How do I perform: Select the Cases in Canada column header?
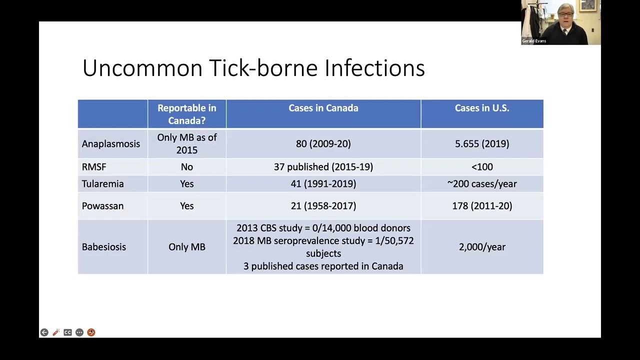[323, 108]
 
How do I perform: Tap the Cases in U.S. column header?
[481, 108]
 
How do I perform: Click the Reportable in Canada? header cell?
[186, 114]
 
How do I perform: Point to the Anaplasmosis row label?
[111, 144]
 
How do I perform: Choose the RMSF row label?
[94, 167]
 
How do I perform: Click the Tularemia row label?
[102, 184]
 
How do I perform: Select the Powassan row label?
[102, 206]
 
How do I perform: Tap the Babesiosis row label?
[104, 247]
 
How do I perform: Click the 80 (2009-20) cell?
[323, 144]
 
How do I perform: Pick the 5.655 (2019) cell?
[481, 144]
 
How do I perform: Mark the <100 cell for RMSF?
[481, 167]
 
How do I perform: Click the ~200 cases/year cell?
[481, 184]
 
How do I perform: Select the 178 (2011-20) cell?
[481, 206]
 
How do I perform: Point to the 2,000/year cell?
[481, 247]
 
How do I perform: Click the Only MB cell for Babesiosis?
[186, 247]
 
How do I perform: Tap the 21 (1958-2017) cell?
[323, 206]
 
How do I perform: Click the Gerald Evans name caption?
[534, 41]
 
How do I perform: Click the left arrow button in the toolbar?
[44, 332]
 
